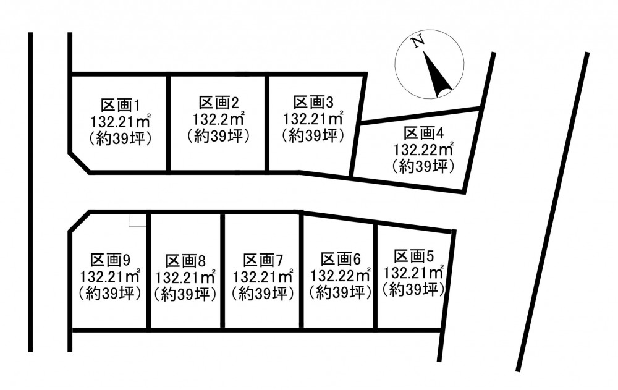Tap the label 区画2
(218, 103)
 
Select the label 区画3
(313, 101)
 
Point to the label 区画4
(424, 133)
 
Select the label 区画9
(110, 259)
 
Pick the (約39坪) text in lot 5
(414, 288)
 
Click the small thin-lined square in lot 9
(137, 220)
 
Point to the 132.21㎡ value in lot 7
(263, 276)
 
